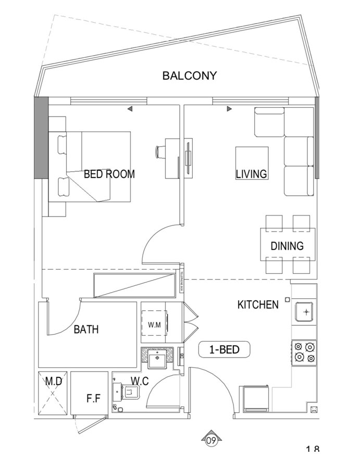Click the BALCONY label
click(x=189, y=76)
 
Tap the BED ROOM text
click(x=109, y=174)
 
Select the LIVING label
click(x=251, y=174)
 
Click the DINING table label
click(x=287, y=246)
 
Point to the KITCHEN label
click(x=258, y=304)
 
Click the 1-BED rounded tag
click(x=225, y=350)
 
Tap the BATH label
click(x=86, y=329)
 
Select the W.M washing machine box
click(x=154, y=325)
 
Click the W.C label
click(x=140, y=382)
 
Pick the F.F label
click(x=93, y=399)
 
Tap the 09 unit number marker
click(x=211, y=440)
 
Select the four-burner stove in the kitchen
click(x=304, y=352)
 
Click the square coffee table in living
click(x=252, y=163)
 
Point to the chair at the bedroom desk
click(x=159, y=151)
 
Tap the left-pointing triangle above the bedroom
click(x=130, y=109)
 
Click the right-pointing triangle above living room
click(x=229, y=109)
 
